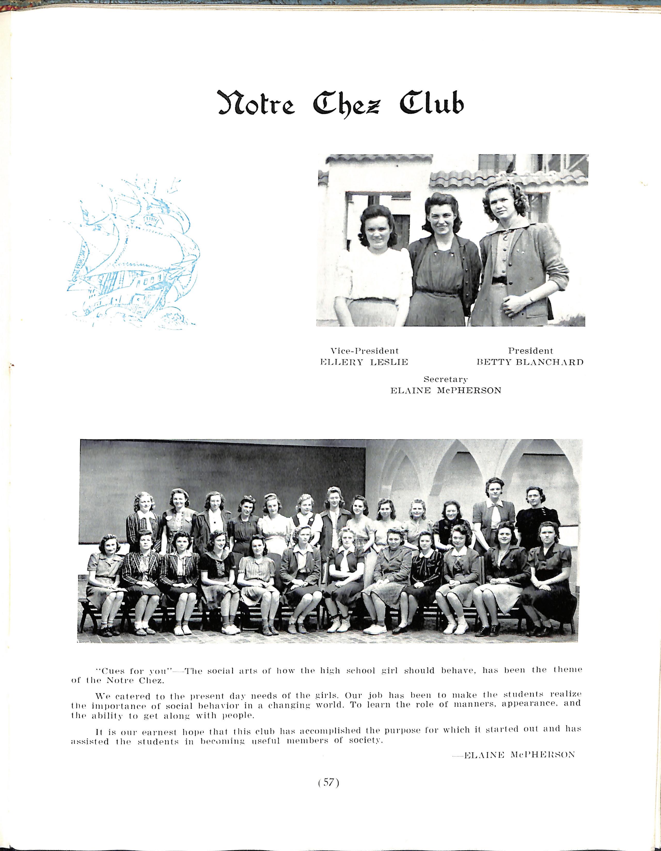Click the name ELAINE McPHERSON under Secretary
pos(446,390)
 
